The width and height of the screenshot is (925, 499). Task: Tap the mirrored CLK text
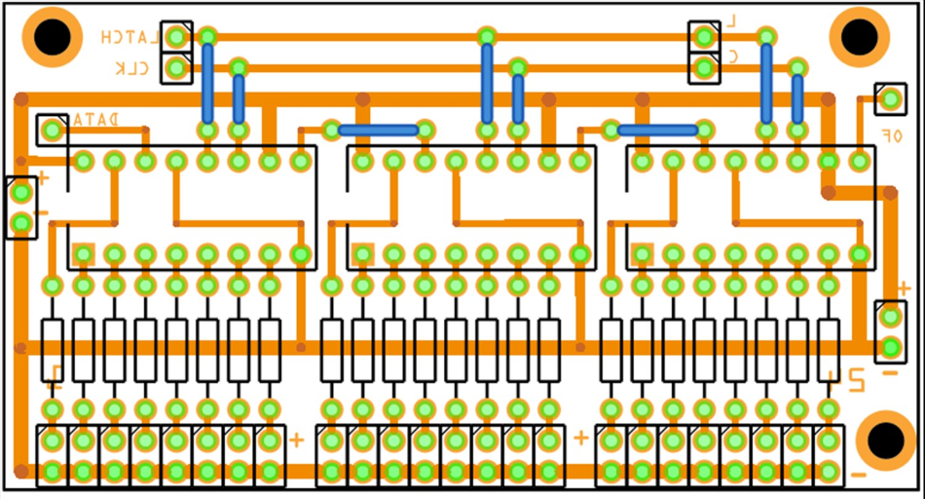(x=132, y=68)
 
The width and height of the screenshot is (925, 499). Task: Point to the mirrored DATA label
(x=94, y=119)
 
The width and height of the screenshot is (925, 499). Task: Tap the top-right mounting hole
(x=859, y=37)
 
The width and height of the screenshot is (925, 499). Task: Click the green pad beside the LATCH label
(x=176, y=37)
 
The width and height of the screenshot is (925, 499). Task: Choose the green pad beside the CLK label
(x=176, y=68)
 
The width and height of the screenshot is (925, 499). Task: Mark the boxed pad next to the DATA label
(x=52, y=129)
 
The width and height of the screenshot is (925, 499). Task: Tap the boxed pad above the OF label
(x=889, y=97)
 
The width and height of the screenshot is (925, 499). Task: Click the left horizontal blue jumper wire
(x=378, y=130)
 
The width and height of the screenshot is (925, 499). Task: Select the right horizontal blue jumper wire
(x=657, y=130)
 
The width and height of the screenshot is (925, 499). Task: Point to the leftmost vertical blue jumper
(x=207, y=83)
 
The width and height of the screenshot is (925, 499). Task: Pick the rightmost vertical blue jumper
(x=797, y=98)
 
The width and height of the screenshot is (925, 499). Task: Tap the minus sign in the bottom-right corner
(x=858, y=476)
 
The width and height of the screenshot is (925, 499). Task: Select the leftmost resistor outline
(x=53, y=349)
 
